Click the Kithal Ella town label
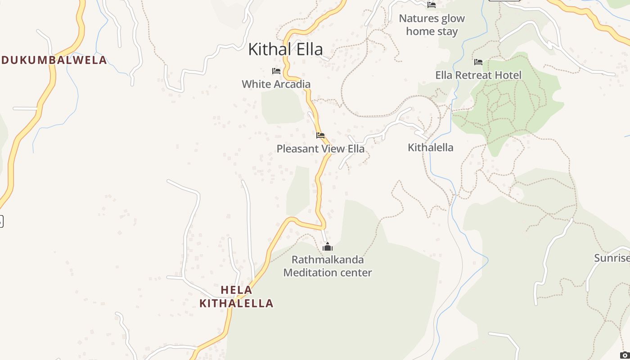coord(285,49)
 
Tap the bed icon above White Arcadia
coord(276,71)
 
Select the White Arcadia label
coord(276,84)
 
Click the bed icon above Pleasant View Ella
coord(320,135)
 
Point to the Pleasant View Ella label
coord(320,148)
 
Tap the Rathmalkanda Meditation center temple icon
coord(328,247)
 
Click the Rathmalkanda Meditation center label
coord(328,266)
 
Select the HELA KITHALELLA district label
coord(236,297)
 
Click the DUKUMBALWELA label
coord(54,60)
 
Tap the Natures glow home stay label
coord(432,25)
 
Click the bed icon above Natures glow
coord(432,5)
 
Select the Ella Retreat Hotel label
coord(478,75)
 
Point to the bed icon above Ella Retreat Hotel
coord(478,62)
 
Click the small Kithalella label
coord(430,148)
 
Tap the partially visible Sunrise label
coord(612,258)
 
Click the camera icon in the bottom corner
coord(624,355)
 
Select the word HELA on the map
coord(236,290)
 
